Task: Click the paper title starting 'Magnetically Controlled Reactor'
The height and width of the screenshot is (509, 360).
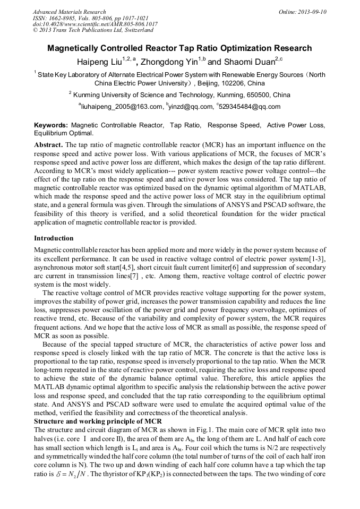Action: click(179, 48)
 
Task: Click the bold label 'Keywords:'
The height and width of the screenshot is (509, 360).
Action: click(50, 125)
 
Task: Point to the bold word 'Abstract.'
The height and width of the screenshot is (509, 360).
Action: click(49, 145)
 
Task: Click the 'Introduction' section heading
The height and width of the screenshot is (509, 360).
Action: click(54, 238)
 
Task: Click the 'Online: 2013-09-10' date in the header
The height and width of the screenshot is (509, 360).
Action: click(303, 12)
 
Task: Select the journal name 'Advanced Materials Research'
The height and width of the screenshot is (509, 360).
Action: click(70, 12)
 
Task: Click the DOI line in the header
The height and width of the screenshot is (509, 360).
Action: click(95, 24)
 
